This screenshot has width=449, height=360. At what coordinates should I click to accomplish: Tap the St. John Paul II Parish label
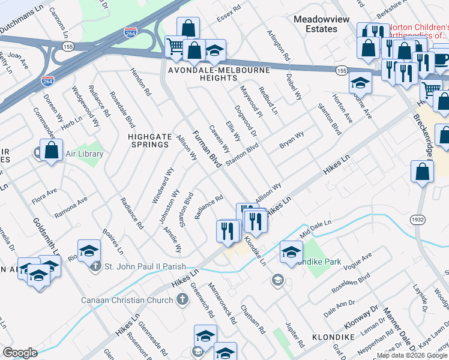tap(145, 267)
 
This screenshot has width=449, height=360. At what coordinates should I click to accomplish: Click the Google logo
tap(20, 352)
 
